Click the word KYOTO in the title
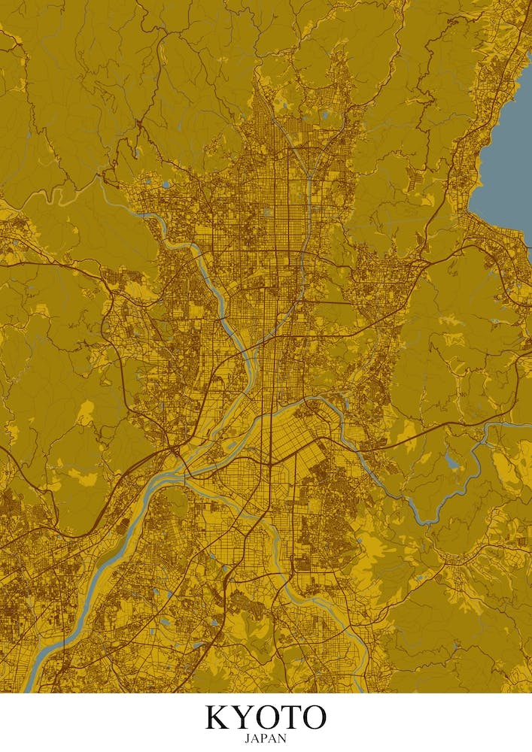[x=266, y=717]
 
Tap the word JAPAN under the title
[x=266, y=738]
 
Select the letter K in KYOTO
[x=219, y=717]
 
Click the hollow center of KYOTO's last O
[x=313, y=717]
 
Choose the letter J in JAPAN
[x=248, y=738]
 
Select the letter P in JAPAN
[x=264, y=738]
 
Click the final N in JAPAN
[x=282, y=738]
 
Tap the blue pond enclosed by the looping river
[x=451, y=460]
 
